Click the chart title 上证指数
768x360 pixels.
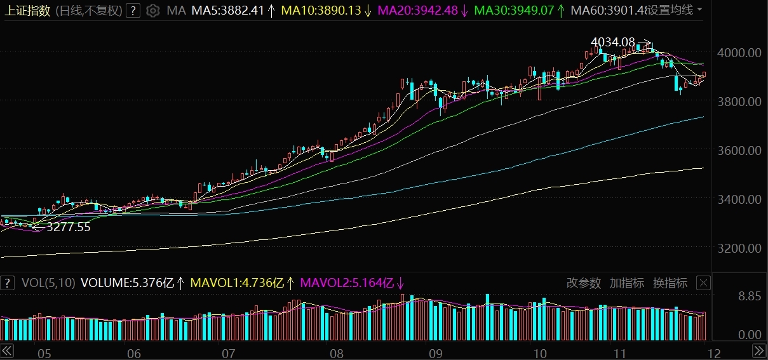[28, 10]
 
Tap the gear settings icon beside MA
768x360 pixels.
[152, 10]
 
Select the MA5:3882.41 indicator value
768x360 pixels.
[227, 10]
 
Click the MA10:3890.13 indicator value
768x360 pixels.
[320, 10]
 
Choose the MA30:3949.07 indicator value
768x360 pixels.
[514, 10]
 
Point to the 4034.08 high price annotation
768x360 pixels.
[612, 42]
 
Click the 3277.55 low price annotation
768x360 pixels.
[69, 227]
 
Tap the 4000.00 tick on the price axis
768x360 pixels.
[739, 53]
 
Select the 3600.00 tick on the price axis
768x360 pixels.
[739, 150]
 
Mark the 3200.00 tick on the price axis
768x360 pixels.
[739, 248]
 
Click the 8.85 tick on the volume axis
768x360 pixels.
[748, 296]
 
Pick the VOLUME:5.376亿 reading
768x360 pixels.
[127, 283]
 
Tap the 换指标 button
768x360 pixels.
[670, 283]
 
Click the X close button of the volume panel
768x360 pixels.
[703, 283]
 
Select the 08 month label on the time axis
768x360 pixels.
[336, 353]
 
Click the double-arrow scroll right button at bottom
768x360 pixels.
[759, 350]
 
